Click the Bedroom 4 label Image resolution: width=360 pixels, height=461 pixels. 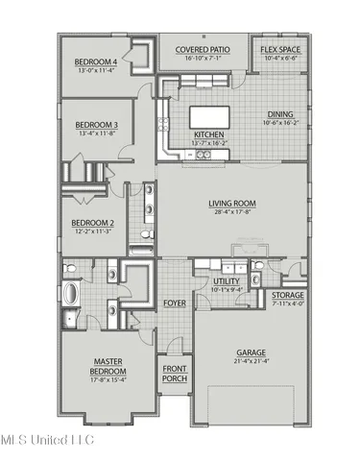click(96, 63)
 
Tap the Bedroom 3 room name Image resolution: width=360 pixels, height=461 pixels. click(96, 125)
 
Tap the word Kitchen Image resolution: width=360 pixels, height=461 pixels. click(209, 135)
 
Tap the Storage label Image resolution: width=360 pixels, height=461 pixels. click(288, 295)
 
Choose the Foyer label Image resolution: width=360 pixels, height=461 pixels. click(175, 303)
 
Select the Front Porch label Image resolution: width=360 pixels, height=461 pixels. click(174, 375)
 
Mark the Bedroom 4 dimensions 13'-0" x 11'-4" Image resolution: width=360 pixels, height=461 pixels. click(96, 71)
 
